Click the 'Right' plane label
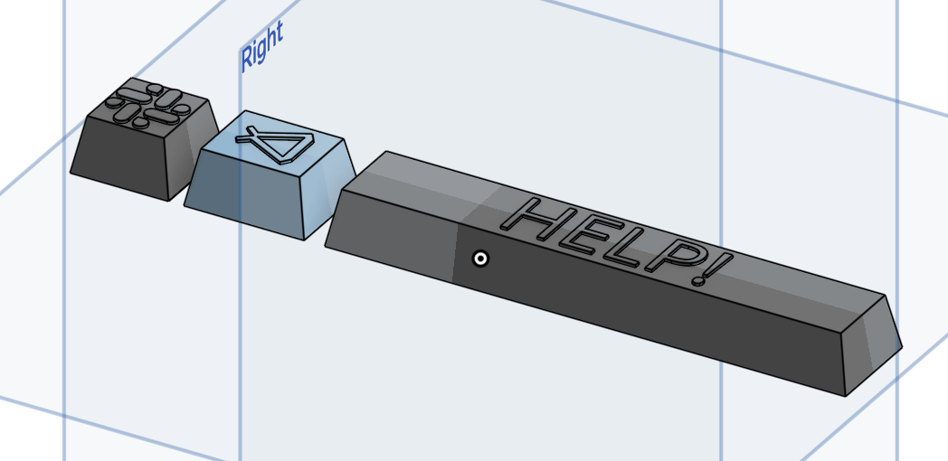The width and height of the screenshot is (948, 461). pos(261,46)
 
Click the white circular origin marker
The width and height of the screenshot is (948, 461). pos(480,259)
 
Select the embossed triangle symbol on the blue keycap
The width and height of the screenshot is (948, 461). pos(278,145)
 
